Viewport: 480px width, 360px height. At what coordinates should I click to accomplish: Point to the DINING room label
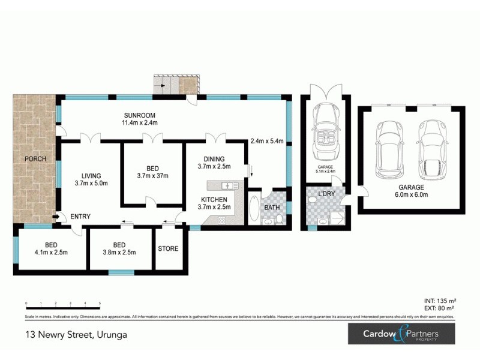[214, 159]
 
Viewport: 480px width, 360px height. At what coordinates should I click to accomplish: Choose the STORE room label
[168, 248]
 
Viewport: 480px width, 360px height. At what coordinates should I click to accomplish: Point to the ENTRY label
[80, 217]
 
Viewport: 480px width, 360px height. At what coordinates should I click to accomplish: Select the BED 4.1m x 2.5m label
[51, 248]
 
